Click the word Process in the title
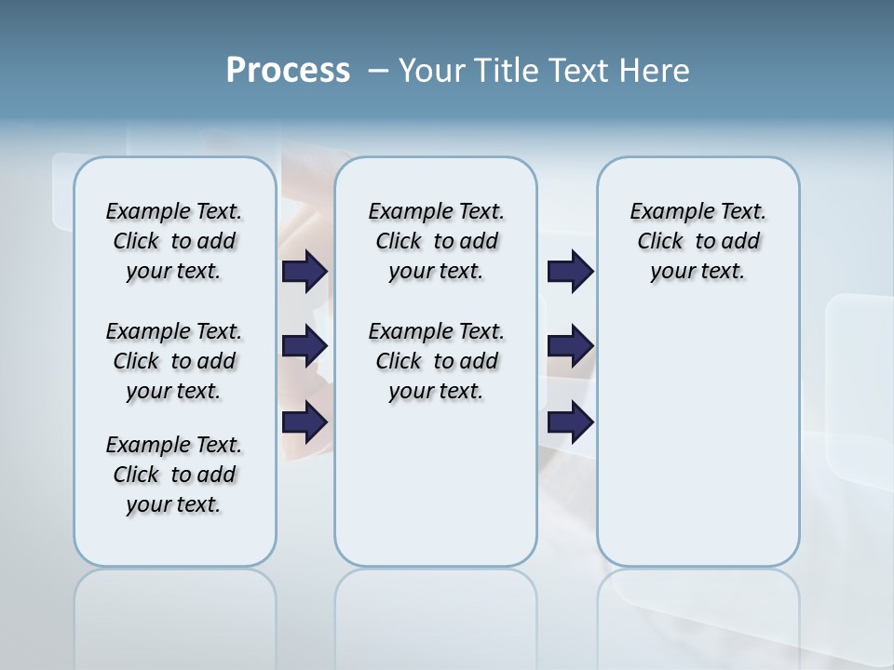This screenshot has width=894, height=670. coord(288,71)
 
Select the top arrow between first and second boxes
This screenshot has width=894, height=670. coord(305,271)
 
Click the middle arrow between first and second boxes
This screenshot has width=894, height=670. coord(305,346)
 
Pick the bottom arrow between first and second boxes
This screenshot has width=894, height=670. coord(305,422)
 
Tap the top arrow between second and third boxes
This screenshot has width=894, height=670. coord(570,271)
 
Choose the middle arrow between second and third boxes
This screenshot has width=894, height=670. coord(570,346)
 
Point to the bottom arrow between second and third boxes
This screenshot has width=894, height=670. coord(570,422)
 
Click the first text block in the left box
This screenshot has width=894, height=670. coord(174,241)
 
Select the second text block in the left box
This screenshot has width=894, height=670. coord(174,361)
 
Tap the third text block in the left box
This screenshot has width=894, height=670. coord(174,475)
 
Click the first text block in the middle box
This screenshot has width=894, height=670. coord(436,241)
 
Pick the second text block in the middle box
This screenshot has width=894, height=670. coord(436,361)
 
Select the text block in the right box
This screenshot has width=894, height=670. coord(698,241)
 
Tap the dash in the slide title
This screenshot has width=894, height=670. coord(378,71)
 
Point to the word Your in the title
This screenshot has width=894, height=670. coord(431,71)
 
